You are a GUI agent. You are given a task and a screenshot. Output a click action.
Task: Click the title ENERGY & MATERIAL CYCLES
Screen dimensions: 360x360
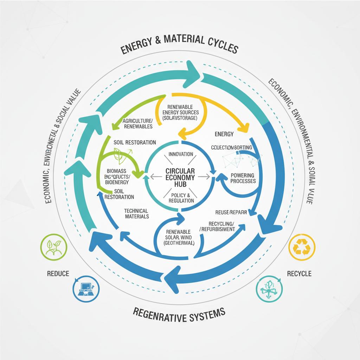click(180, 45)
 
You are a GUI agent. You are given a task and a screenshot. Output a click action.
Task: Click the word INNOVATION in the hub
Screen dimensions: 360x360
click(181, 154)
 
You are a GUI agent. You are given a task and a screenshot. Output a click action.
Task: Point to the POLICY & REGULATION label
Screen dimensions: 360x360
click(181, 198)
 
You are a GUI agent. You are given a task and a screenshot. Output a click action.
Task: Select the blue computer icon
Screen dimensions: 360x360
click(85, 289)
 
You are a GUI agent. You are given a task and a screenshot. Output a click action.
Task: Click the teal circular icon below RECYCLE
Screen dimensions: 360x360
click(269, 289)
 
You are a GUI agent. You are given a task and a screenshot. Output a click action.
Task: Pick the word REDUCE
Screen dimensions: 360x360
click(58, 273)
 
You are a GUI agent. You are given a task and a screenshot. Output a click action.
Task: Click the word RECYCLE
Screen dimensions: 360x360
click(299, 273)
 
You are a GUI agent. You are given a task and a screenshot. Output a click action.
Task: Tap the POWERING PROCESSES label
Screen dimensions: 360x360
click(243, 178)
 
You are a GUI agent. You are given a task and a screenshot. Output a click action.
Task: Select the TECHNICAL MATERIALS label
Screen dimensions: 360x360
click(137, 213)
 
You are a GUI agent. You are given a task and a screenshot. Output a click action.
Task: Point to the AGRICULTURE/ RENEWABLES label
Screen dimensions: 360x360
click(137, 123)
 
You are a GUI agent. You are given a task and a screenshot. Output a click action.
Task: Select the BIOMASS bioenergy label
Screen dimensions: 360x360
click(118, 176)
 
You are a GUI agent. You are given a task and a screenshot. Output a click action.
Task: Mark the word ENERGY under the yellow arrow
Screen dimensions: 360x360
click(224, 134)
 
